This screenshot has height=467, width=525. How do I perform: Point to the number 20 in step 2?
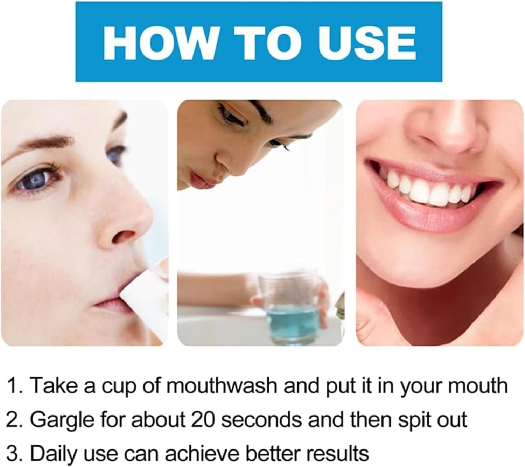203,420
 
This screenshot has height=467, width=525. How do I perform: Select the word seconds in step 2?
262,420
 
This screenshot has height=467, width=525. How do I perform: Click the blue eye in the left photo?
37,179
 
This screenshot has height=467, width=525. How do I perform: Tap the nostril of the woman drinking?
124,236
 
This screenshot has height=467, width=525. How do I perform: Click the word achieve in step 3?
202,454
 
